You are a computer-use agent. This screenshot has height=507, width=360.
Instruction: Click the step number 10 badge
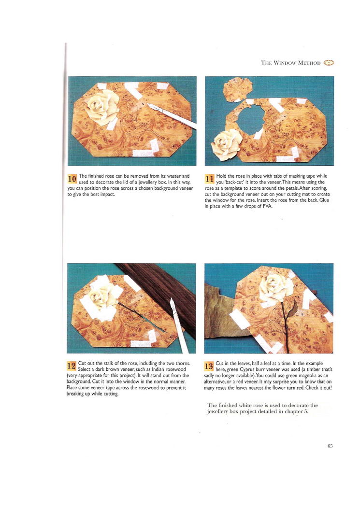(72, 178)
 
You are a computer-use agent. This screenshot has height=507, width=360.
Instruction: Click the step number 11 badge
(210, 179)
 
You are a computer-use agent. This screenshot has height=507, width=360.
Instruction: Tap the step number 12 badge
(71, 366)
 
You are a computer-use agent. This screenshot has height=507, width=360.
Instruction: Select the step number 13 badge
(209, 366)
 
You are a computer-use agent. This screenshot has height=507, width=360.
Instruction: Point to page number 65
(330, 446)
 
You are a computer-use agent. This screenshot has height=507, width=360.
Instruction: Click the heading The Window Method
(290, 63)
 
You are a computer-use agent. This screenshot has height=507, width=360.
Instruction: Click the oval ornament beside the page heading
(328, 63)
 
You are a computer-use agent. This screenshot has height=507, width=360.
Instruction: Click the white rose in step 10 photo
(102, 107)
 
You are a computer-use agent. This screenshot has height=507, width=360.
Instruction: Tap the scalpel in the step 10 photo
(172, 116)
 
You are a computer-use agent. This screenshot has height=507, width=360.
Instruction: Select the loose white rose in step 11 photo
(226, 144)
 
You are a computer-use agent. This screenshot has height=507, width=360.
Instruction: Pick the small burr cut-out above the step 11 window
(237, 89)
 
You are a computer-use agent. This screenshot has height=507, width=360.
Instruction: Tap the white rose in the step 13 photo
(276, 288)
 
